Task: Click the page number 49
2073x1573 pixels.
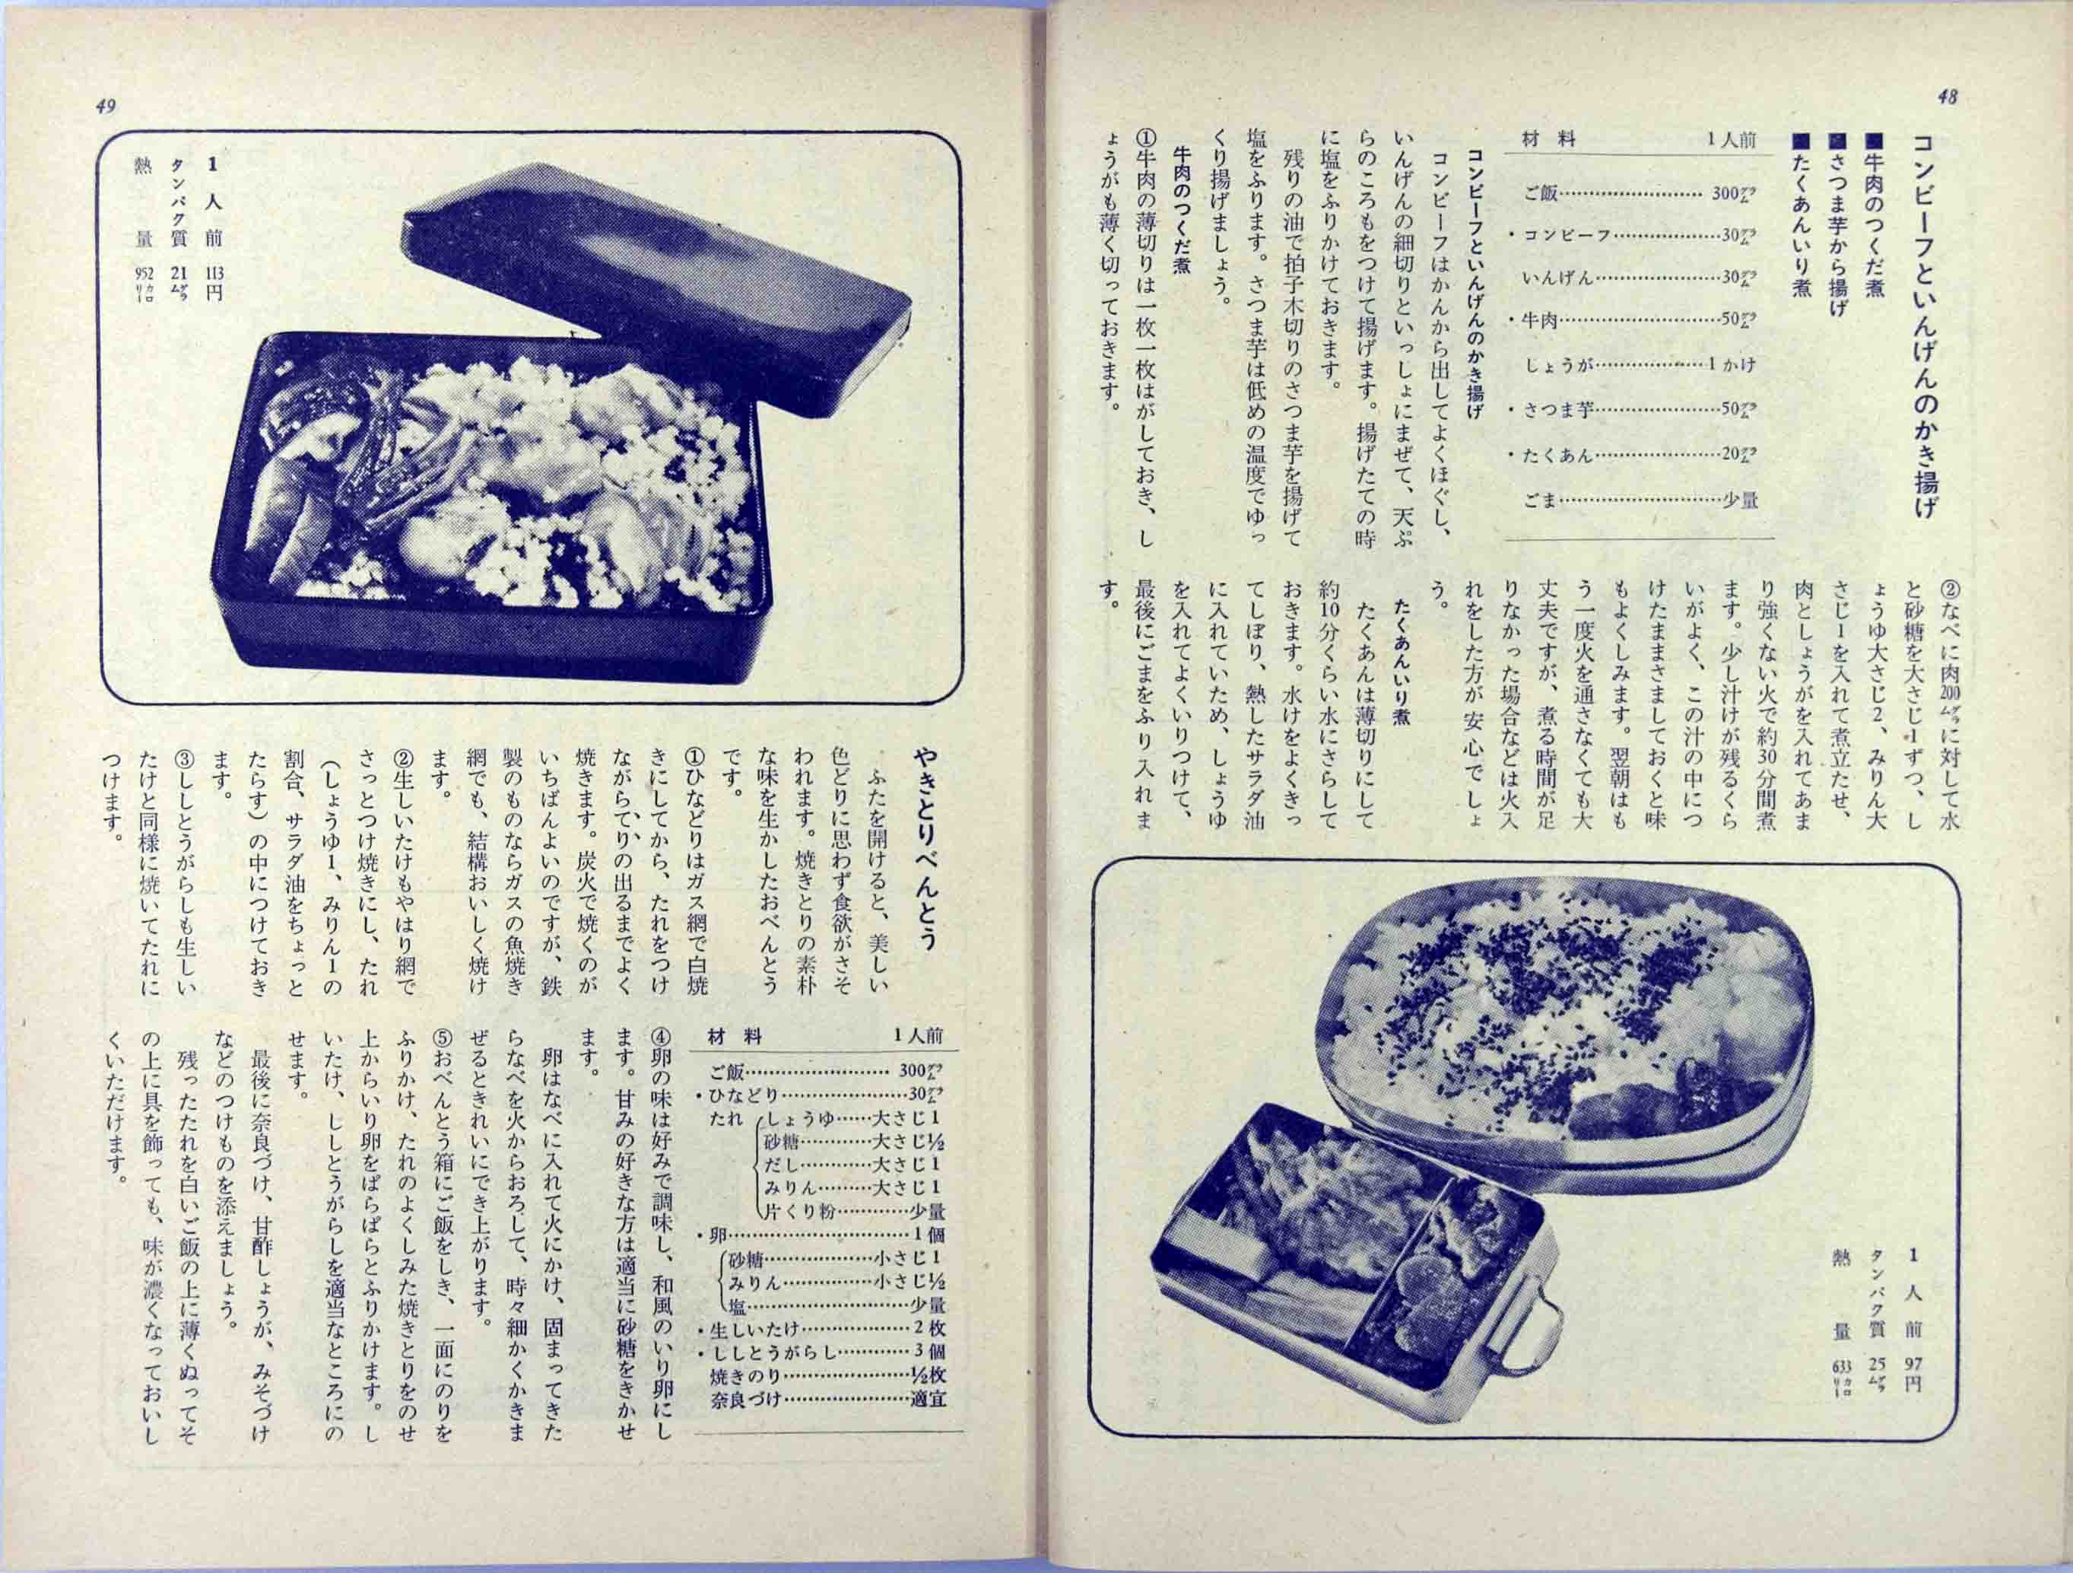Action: coord(106,106)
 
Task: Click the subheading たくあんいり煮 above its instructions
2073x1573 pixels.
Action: coord(1403,667)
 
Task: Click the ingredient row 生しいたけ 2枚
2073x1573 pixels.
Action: coord(824,1328)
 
